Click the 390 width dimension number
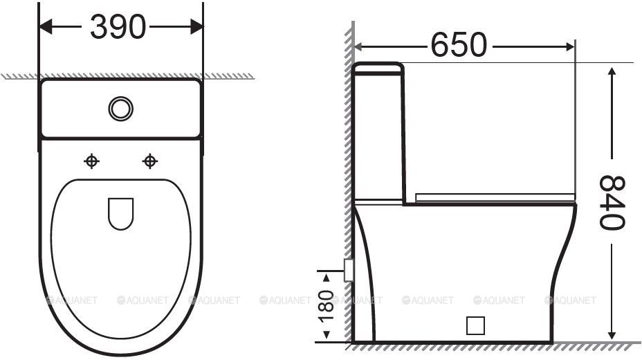coord(118,27)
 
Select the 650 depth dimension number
coord(459,44)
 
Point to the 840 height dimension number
coord(612,202)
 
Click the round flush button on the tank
coord(121,109)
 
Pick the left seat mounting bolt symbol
coord(91,161)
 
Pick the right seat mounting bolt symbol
coord(150,161)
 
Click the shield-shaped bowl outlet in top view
coord(121,214)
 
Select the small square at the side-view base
coord(475,325)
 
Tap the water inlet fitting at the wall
coord(349,270)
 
